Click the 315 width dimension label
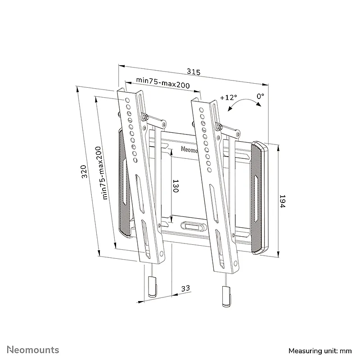point(193,72)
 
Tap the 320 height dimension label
point(84,171)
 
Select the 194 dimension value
point(282,201)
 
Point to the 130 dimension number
point(175,186)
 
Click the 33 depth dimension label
point(185,288)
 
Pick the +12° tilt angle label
point(229,98)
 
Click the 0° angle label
point(261,96)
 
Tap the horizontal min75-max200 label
point(163,83)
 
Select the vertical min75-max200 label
point(102,173)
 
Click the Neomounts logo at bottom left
point(33,350)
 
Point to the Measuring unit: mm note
point(320,351)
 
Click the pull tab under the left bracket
point(152,287)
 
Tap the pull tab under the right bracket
point(227,296)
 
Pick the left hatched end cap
point(124,183)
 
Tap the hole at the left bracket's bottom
point(161,254)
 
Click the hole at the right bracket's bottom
point(235,263)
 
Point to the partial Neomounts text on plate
point(189,149)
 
